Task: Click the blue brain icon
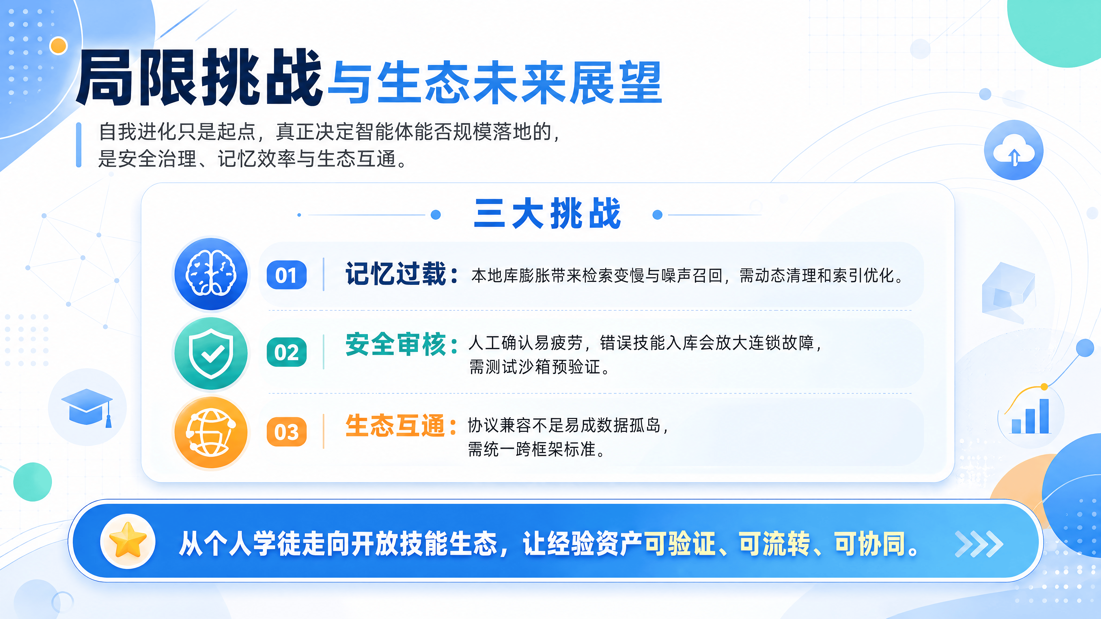[x=211, y=274]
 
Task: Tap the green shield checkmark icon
[x=211, y=353]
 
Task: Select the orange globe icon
[x=211, y=432]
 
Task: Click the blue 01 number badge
[x=286, y=275]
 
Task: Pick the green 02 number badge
[x=286, y=352]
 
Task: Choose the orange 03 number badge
[x=286, y=432]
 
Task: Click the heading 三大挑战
[x=547, y=213]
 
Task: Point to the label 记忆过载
[x=396, y=274]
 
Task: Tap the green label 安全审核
[x=396, y=344]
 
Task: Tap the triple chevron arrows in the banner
[x=979, y=544]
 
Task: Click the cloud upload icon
[x=1014, y=150]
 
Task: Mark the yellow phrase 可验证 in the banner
[x=680, y=544]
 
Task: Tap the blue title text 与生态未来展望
[x=495, y=83]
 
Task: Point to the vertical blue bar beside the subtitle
[x=79, y=145]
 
